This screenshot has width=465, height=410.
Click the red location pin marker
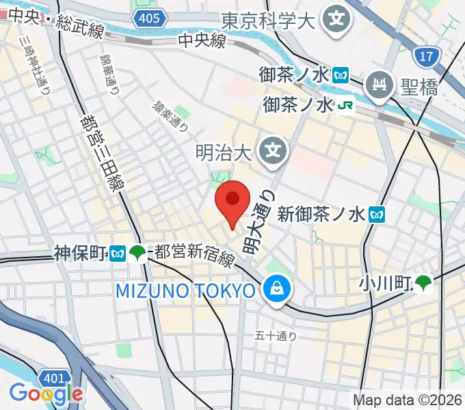point(232,200)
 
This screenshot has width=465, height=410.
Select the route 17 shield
point(426,56)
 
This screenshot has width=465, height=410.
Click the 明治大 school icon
point(274,148)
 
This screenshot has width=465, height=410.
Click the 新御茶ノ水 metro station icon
point(376,215)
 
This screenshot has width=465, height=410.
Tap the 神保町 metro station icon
point(118,254)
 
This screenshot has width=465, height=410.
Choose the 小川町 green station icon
point(425,282)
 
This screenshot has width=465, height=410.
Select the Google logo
point(45,394)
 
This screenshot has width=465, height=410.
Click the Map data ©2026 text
point(408,400)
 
